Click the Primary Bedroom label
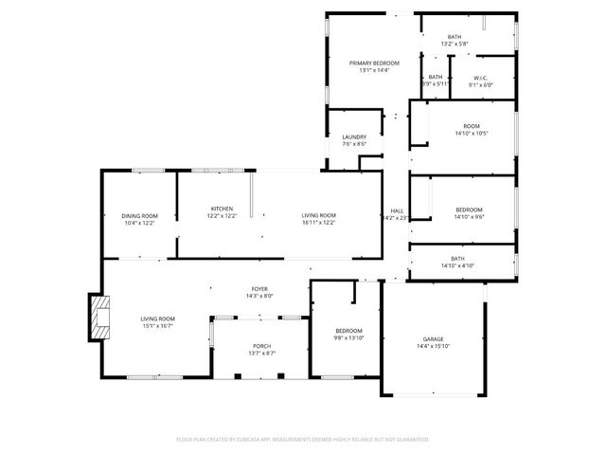click(x=374, y=63)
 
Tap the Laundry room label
click(x=354, y=137)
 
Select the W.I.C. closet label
click(x=481, y=78)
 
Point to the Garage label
click(x=433, y=339)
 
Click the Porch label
click(x=261, y=346)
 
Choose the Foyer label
click(x=259, y=289)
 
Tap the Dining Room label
click(x=139, y=216)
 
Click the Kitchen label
click(x=222, y=209)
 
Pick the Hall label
click(x=397, y=210)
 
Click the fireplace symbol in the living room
click(x=98, y=318)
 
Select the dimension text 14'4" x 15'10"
click(x=433, y=347)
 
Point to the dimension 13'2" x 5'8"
click(x=454, y=45)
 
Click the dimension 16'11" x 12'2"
click(x=318, y=224)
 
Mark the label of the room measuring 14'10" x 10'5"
click(x=471, y=126)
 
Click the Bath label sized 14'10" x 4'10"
click(x=457, y=259)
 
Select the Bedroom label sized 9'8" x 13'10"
click(x=348, y=330)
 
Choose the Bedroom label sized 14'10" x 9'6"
click(x=469, y=209)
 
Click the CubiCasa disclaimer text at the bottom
click(x=303, y=440)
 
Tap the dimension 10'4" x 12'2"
click(x=139, y=224)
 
